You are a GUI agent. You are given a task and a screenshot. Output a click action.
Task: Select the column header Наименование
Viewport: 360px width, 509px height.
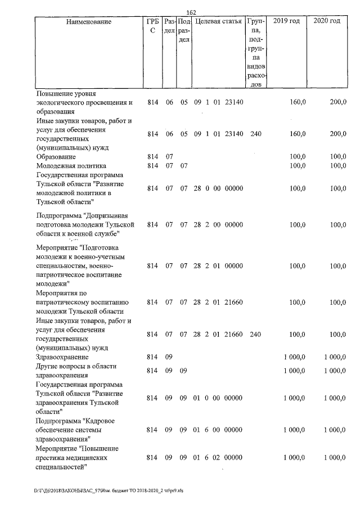(x=88, y=21)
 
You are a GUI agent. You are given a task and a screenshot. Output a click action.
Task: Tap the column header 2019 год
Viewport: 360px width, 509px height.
(x=286, y=21)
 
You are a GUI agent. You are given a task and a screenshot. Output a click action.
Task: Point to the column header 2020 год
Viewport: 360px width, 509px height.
(x=327, y=21)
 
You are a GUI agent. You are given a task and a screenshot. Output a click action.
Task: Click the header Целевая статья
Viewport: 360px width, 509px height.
(x=218, y=21)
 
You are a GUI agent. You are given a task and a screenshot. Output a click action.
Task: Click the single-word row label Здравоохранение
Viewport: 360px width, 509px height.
(x=62, y=357)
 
